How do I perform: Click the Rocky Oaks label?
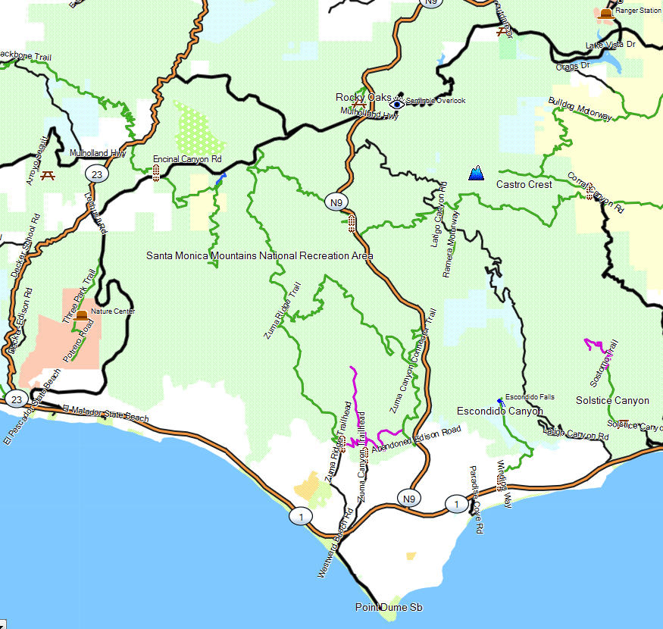point(364,97)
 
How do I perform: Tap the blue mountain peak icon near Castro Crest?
point(477,174)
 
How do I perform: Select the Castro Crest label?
point(524,184)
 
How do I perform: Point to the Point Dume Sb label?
point(389,608)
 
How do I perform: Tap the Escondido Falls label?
point(530,397)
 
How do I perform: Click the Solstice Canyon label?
point(612,400)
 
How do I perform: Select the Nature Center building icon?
point(82,315)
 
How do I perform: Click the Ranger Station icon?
point(605,14)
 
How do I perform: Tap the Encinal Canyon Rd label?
point(186,159)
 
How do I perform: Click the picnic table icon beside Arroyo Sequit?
point(48,176)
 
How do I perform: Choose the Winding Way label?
point(504,483)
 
